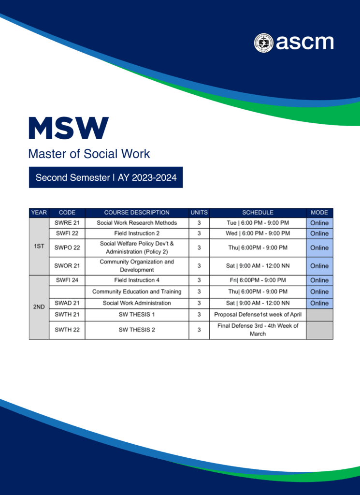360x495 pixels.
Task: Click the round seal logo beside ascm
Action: [263, 43]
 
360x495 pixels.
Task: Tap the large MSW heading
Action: [69, 128]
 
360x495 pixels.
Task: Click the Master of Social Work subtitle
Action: [89, 154]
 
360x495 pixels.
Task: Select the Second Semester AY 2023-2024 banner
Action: [106, 177]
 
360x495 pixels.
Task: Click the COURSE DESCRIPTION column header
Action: [137, 213]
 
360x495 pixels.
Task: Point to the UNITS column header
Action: [199, 213]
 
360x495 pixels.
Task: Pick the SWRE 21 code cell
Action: [67, 223]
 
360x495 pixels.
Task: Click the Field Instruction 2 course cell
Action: [137, 233]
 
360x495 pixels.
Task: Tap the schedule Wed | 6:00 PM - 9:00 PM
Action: [258, 233]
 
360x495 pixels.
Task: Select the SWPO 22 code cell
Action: [67, 248]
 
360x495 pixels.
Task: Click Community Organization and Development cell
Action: [137, 266]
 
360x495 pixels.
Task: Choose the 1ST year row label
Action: [39, 246]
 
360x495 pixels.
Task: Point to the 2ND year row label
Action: [39, 307]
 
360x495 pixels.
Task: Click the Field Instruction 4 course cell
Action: [137, 280]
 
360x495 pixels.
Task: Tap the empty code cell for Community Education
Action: [67, 291]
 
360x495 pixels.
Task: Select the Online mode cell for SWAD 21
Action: [319, 303]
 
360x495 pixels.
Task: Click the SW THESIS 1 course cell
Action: [137, 315]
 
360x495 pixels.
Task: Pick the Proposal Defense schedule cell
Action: [258, 315]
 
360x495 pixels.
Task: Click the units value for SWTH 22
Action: [199, 330]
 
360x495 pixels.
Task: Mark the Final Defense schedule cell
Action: [258, 330]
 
